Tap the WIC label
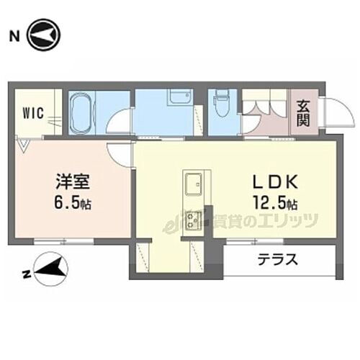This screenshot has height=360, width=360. tap(32, 113)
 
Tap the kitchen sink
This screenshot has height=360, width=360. tap(193, 186)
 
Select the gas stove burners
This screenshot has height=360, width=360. tap(193, 219)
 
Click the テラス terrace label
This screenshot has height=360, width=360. tap(277, 260)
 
